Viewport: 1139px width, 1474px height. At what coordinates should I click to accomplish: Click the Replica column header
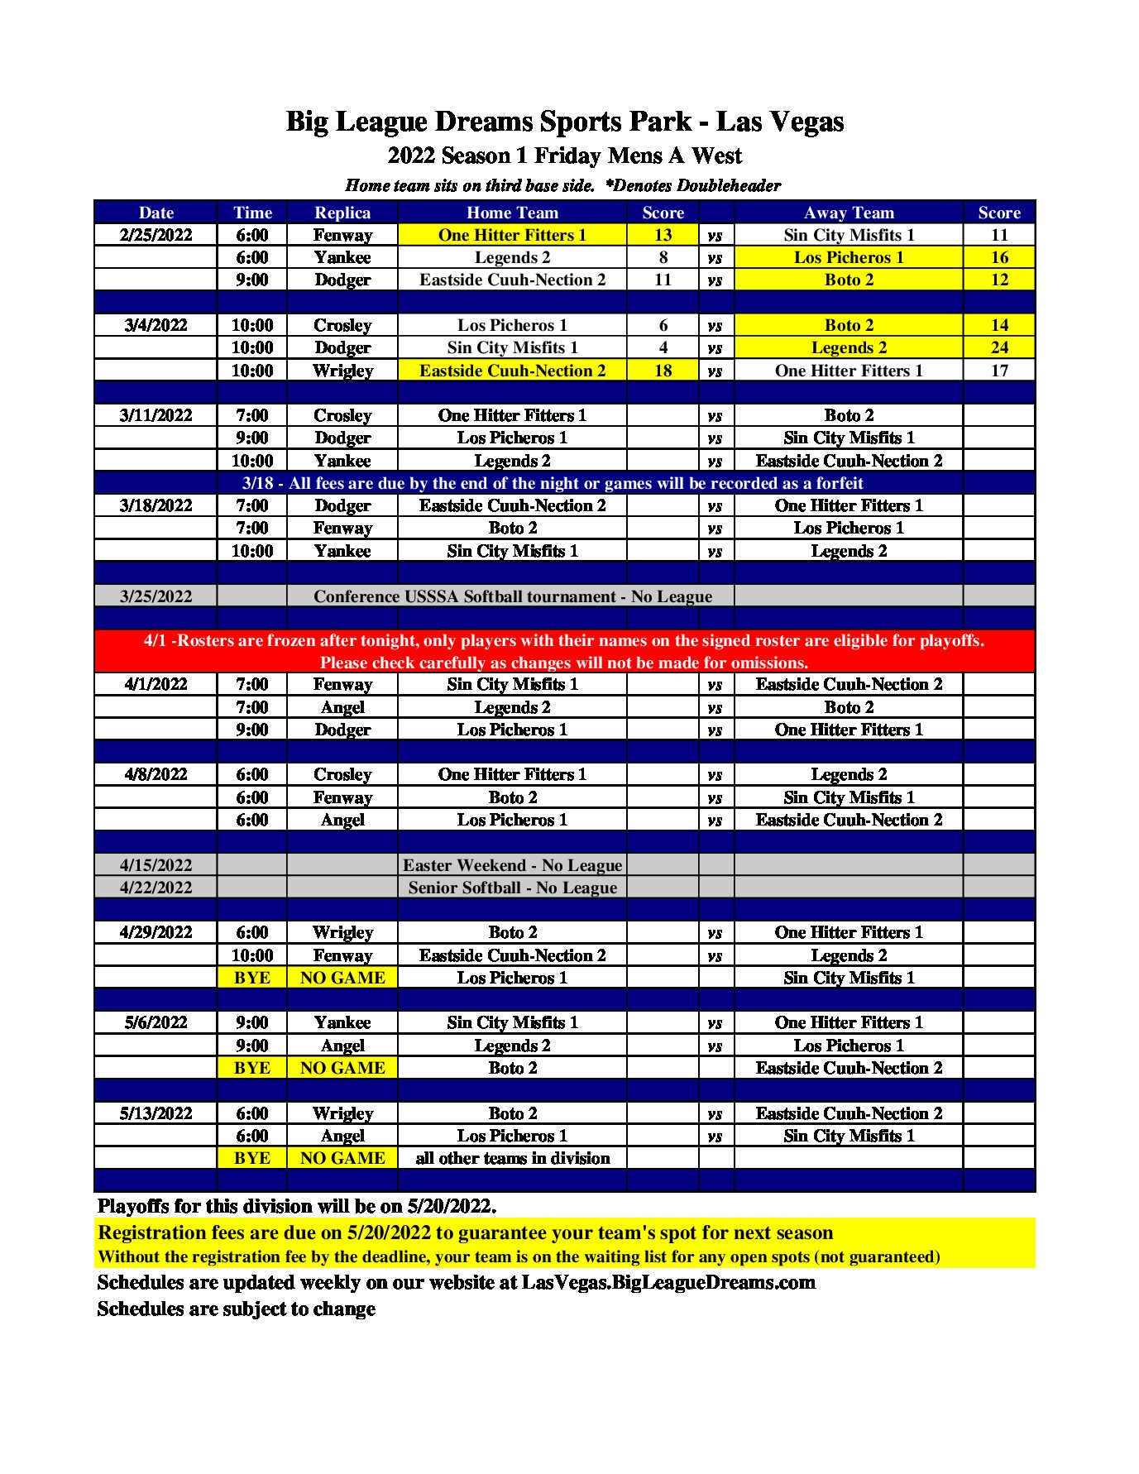342,213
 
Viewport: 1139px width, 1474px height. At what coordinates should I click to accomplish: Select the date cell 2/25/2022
156,235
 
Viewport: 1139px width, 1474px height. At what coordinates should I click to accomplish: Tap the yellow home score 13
663,235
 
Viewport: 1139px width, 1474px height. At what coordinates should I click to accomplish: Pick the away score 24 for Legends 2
999,347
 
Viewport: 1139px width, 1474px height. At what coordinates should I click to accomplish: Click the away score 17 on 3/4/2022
999,371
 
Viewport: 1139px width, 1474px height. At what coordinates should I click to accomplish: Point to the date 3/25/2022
156,596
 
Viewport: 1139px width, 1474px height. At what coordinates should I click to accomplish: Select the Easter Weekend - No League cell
512,865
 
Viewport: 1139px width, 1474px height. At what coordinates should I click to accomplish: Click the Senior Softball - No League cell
512,888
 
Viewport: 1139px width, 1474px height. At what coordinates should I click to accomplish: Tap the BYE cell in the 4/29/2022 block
251,978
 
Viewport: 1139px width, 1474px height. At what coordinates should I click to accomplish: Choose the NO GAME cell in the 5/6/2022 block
342,1068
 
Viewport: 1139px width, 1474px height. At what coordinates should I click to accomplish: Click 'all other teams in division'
512,1158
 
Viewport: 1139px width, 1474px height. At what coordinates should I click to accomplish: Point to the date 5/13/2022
156,1113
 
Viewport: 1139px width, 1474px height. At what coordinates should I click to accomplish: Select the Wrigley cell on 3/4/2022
342,371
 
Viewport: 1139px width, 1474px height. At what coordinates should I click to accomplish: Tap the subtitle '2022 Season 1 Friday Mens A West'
565,156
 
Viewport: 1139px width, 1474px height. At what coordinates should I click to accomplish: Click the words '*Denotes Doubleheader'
692,185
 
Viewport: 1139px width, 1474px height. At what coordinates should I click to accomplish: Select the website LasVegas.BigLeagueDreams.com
668,1282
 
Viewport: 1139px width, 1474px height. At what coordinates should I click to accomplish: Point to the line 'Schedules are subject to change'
237,1309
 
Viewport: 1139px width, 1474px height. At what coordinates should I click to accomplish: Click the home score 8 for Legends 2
663,257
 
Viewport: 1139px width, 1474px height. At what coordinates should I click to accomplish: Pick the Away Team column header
849,213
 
